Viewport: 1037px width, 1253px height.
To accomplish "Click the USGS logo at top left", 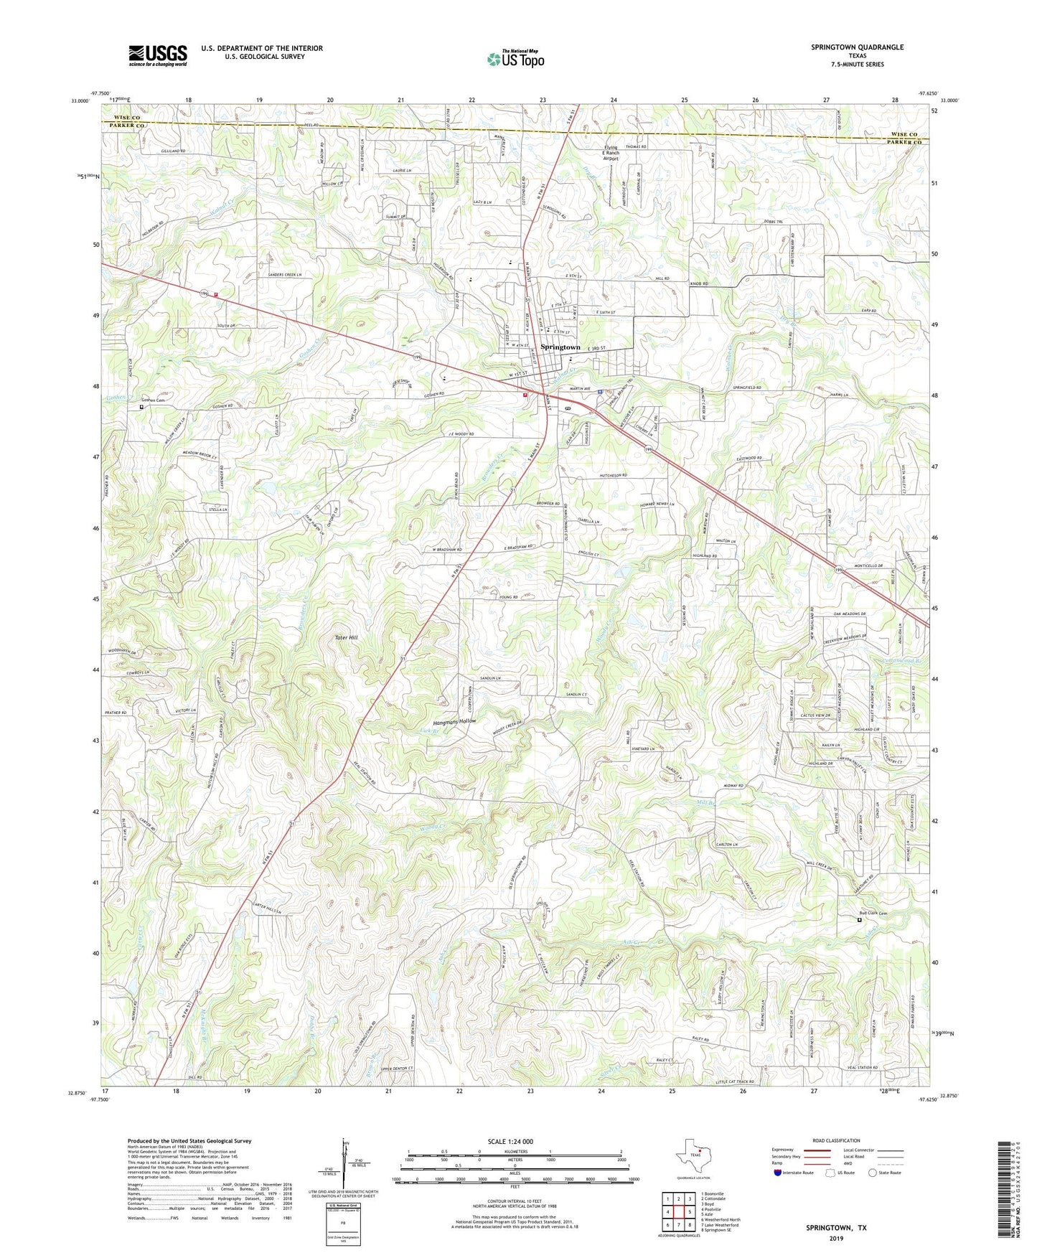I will click(157, 55).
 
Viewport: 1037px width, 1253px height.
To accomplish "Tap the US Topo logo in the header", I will click(515, 59).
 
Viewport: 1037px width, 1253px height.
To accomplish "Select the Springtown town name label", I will click(560, 347).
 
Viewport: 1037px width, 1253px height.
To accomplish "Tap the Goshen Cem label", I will click(157, 400).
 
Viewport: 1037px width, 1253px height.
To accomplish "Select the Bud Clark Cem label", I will click(873, 914).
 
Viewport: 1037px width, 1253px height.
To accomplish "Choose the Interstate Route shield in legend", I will click(778, 1173).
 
